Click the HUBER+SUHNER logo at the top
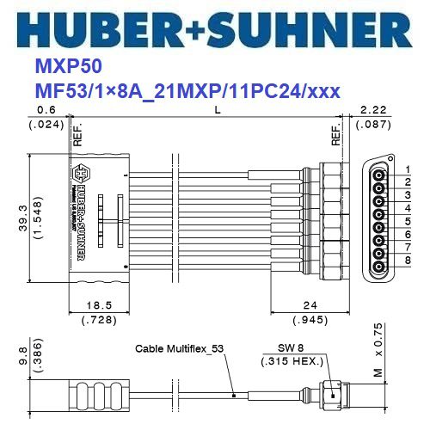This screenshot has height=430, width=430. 214,28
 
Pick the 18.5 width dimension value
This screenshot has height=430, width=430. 99,305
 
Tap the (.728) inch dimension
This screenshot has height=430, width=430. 99,321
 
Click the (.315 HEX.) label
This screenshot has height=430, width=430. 288,361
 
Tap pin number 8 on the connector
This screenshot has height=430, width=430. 407,259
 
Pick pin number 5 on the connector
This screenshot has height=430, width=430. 407,219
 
